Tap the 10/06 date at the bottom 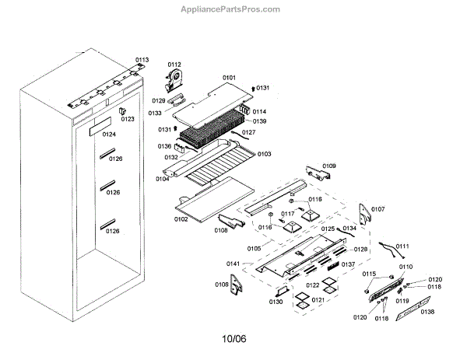tap(233, 338)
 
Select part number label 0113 tap(141, 59)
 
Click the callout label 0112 tap(174, 65)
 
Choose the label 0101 tap(229, 78)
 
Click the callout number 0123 tap(128, 119)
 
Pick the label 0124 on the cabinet tap(108, 135)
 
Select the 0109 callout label tap(330, 166)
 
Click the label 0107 tap(377, 209)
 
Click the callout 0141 tap(233, 265)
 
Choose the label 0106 tap(222, 285)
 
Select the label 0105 tap(254, 249)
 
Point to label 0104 tap(162, 179)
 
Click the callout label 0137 tap(348, 264)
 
